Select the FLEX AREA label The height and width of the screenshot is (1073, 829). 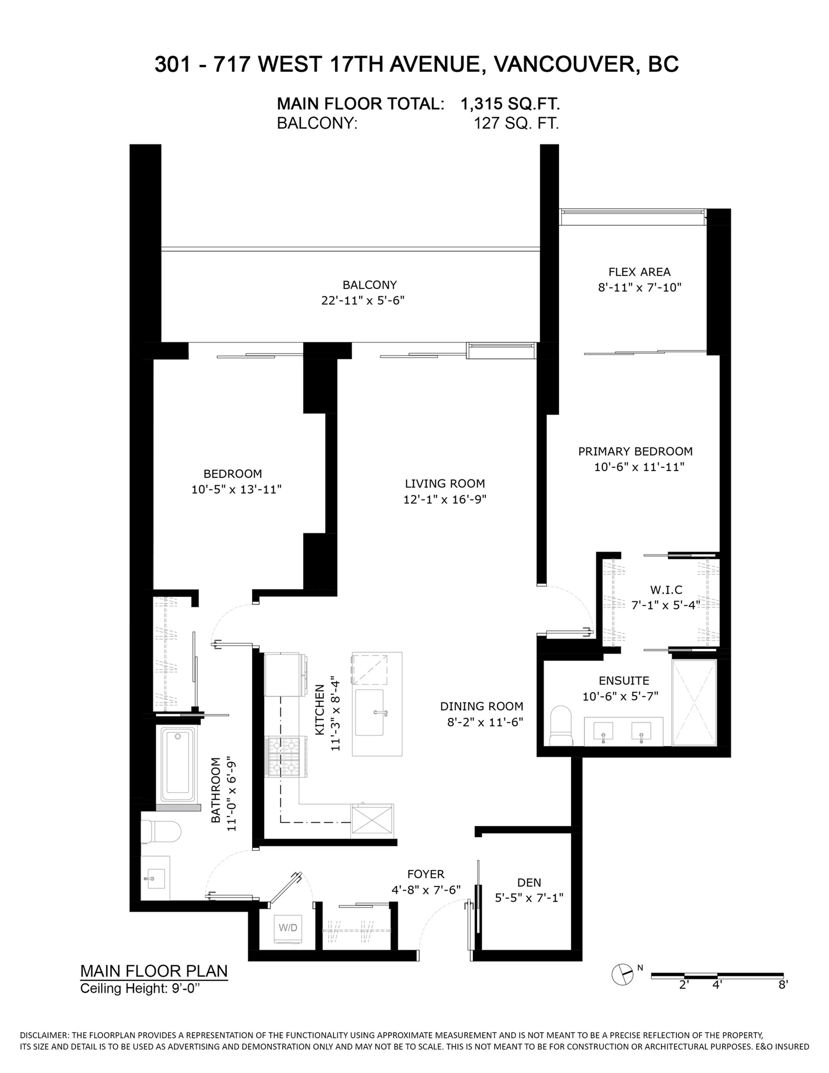pyautogui.click(x=639, y=272)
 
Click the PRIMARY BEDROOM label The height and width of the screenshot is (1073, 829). pyautogui.click(x=635, y=451)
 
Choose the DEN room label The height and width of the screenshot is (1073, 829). pyautogui.click(x=529, y=883)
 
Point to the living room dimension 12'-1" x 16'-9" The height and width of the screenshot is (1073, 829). pyautogui.click(x=445, y=499)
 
